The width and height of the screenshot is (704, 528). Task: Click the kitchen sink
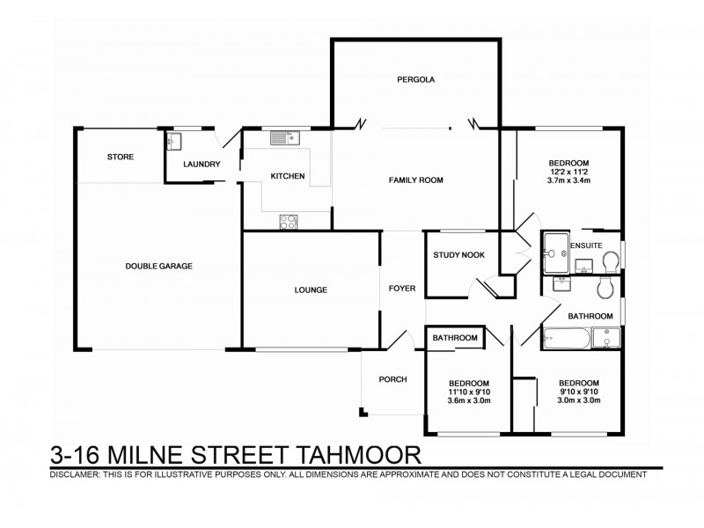coord(286,137)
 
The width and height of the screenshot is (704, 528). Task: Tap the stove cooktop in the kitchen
coord(288,222)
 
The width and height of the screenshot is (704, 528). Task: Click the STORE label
coord(121,157)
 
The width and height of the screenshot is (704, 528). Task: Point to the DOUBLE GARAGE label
coord(158,266)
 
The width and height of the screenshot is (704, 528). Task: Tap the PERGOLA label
coord(415,80)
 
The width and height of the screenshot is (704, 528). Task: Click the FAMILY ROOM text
coord(416,180)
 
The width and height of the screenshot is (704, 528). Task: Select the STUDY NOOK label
coord(456,256)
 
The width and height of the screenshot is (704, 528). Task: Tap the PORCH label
coord(392,379)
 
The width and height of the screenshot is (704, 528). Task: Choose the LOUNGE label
coord(311,290)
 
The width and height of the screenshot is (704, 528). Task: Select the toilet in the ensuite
coord(612,258)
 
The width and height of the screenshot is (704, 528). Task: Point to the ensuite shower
coord(555,253)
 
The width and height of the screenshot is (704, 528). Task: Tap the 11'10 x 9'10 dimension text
coord(469,392)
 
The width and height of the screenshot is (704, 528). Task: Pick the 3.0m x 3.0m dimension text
coord(578,400)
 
